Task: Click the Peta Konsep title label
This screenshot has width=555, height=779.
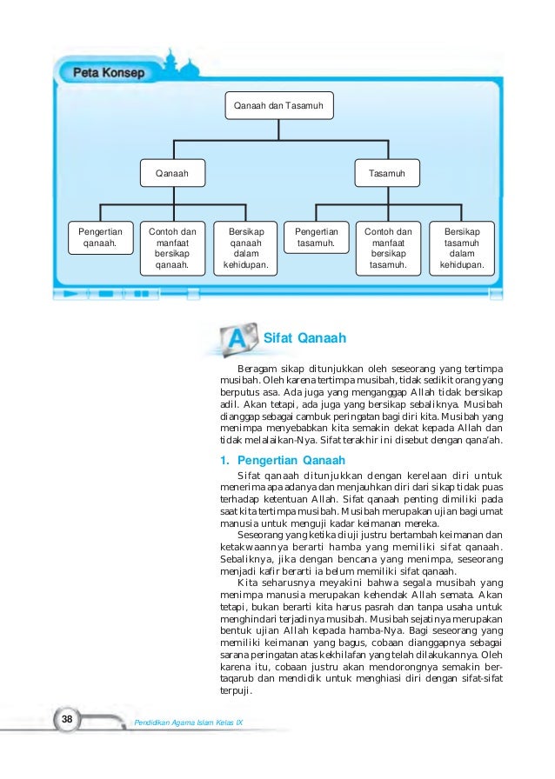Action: tap(109, 73)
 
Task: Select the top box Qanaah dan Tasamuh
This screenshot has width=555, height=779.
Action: tap(278, 106)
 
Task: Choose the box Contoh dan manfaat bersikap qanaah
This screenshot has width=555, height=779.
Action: tap(172, 249)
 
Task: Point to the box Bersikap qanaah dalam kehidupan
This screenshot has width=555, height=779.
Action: tap(245, 249)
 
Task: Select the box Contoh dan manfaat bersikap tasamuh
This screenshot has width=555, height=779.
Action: tap(388, 249)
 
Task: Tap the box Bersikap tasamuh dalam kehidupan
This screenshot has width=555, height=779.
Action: tap(461, 249)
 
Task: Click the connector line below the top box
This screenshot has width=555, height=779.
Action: tap(278, 129)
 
